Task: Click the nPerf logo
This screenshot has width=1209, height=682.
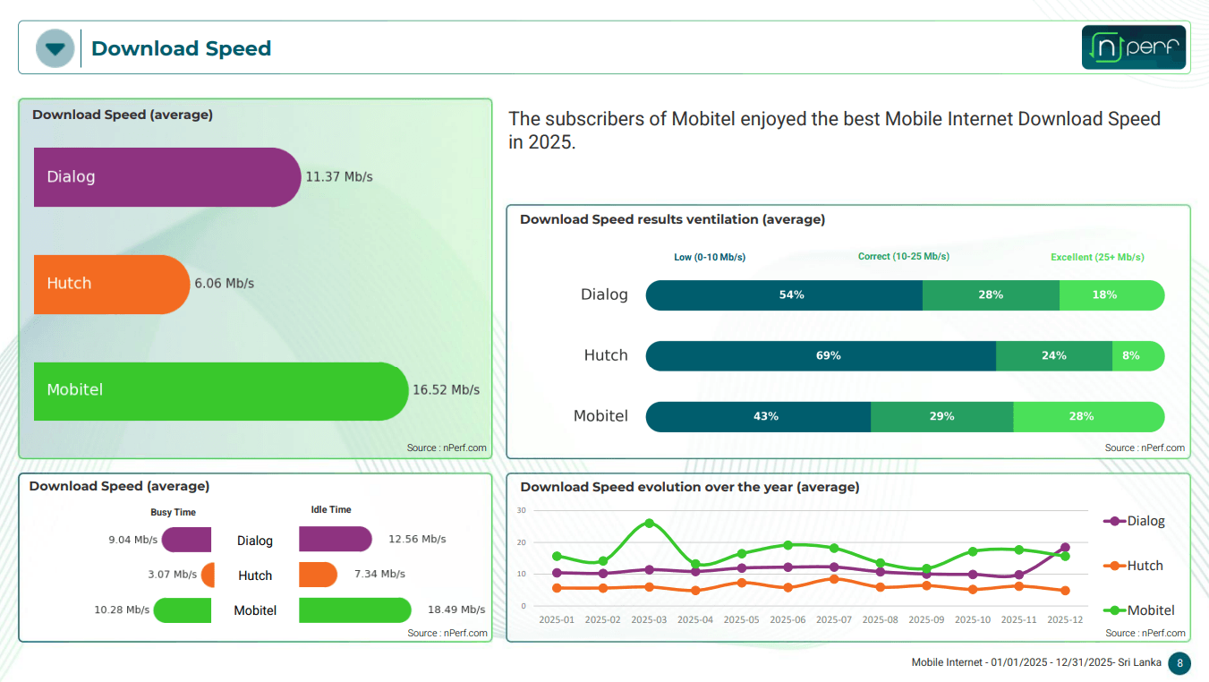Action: [x=1134, y=47]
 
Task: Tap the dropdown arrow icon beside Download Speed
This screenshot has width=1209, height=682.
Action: [x=55, y=48]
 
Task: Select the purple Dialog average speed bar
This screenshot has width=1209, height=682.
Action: [x=166, y=177]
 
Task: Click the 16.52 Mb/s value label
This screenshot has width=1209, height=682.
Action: [x=446, y=390]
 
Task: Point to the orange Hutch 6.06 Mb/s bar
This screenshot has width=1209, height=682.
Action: [x=111, y=284]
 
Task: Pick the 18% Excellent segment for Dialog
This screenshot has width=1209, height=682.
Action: [x=1111, y=294]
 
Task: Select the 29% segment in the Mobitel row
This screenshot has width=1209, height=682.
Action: [x=941, y=416]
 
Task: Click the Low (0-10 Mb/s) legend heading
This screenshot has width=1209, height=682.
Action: [x=710, y=257]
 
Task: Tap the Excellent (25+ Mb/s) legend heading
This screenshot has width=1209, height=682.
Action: [x=1097, y=257]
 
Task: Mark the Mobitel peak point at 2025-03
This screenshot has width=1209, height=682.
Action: [x=649, y=524]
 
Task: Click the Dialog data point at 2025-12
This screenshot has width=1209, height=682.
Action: [x=1065, y=548]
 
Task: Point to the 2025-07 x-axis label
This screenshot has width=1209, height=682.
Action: [x=834, y=619]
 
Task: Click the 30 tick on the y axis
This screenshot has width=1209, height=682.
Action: [x=522, y=510]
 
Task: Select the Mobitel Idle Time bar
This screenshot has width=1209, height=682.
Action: [x=354, y=610]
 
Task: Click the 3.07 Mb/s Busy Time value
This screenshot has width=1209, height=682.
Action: [x=173, y=575]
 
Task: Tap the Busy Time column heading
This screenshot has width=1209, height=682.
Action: [x=173, y=512]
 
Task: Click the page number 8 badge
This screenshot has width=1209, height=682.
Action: [x=1179, y=663]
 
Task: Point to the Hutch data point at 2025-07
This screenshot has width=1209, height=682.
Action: [x=834, y=579]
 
